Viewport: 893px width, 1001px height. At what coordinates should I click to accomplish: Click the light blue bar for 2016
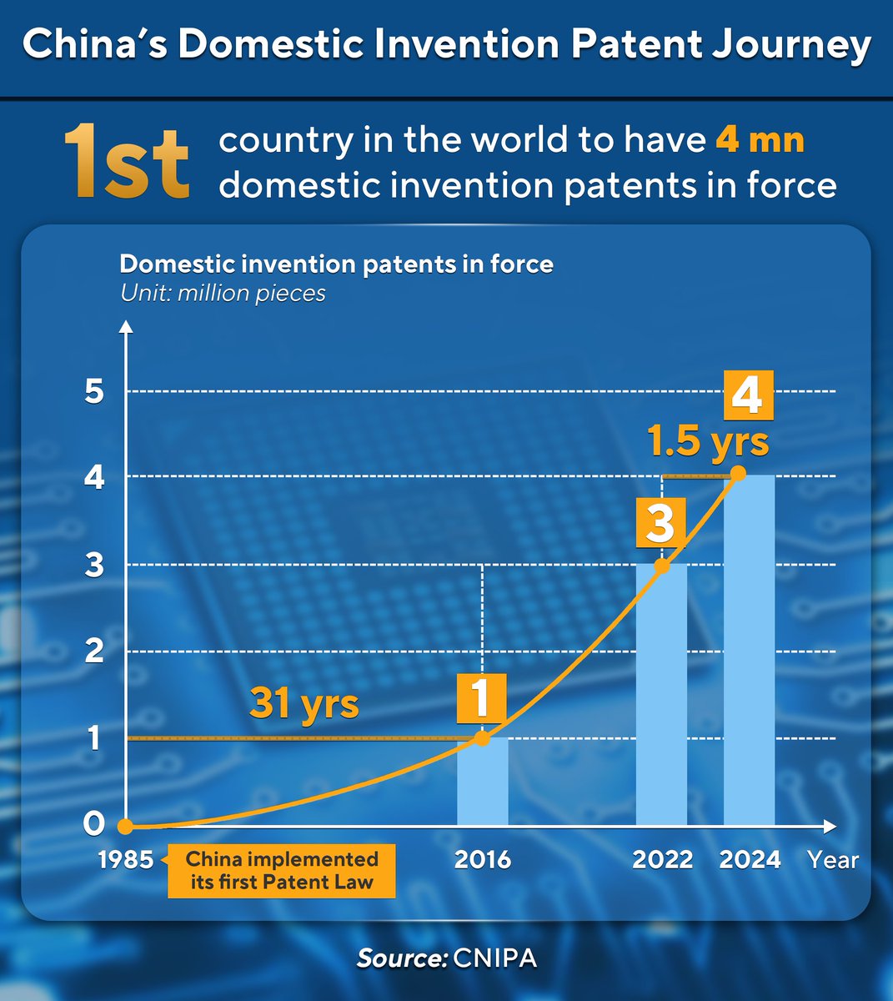point(482,782)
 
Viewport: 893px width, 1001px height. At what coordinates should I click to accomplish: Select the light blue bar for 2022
point(661,695)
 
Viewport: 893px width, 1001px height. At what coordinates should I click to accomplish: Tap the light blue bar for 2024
point(750,650)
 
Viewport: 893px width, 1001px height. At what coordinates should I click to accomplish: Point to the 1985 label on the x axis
point(126,860)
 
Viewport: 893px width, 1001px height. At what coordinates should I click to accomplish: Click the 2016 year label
point(483,860)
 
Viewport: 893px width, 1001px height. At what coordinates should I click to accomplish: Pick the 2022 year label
point(662,860)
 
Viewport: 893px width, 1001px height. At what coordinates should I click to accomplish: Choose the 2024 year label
point(750,860)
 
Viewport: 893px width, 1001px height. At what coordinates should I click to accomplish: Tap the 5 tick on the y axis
point(94,391)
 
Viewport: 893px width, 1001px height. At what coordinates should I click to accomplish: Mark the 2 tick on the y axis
point(94,651)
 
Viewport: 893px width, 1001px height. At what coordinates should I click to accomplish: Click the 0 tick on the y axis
point(94,823)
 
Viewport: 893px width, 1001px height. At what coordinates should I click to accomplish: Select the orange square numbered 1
point(482,698)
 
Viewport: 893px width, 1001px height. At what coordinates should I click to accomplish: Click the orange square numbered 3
point(661,523)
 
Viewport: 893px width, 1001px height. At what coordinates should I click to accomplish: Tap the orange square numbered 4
point(749,395)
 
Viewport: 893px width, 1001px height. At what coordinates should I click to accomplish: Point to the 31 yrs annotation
point(304,705)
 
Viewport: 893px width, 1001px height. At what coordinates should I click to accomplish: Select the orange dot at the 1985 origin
point(125,826)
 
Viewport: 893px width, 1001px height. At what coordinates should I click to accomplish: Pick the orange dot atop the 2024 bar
point(738,474)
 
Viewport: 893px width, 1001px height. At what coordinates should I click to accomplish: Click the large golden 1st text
point(127,162)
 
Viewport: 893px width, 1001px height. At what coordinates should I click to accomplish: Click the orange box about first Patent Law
point(282,871)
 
